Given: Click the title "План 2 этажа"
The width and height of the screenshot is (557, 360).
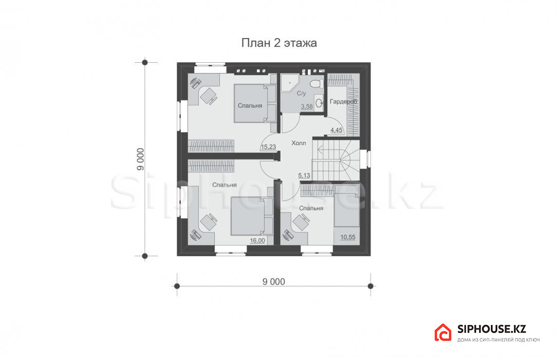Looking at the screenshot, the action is [x=279, y=43].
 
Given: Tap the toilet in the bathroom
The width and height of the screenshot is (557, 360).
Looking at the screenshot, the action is [x=315, y=83].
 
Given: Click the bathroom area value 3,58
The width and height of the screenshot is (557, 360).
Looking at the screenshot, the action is [x=307, y=106].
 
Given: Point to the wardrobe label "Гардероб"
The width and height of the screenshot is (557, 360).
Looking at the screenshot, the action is [x=343, y=102].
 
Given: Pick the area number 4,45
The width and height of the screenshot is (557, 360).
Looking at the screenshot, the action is [x=337, y=130].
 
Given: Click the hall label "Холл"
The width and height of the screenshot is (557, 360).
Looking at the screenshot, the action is [x=299, y=143].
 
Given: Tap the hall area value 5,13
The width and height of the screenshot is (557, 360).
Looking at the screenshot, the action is [x=304, y=175].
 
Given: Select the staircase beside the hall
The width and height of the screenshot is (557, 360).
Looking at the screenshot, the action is [x=336, y=160].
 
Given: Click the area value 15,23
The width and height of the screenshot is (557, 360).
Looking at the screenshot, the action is [x=268, y=147].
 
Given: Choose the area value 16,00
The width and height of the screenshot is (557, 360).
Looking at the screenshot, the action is [x=257, y=241].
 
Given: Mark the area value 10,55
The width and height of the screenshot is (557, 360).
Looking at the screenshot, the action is [x=348, y=237].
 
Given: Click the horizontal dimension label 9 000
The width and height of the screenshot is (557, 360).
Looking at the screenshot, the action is [x=273, y=281].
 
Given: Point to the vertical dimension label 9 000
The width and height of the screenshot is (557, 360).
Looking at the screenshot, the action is [x=141, y=159].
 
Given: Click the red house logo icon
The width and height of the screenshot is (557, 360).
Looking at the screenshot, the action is [x=443, y=333].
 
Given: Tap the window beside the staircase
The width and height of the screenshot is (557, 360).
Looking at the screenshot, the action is [x=366, y=159].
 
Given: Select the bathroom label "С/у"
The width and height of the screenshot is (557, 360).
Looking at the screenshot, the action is [x=301, y=94].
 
